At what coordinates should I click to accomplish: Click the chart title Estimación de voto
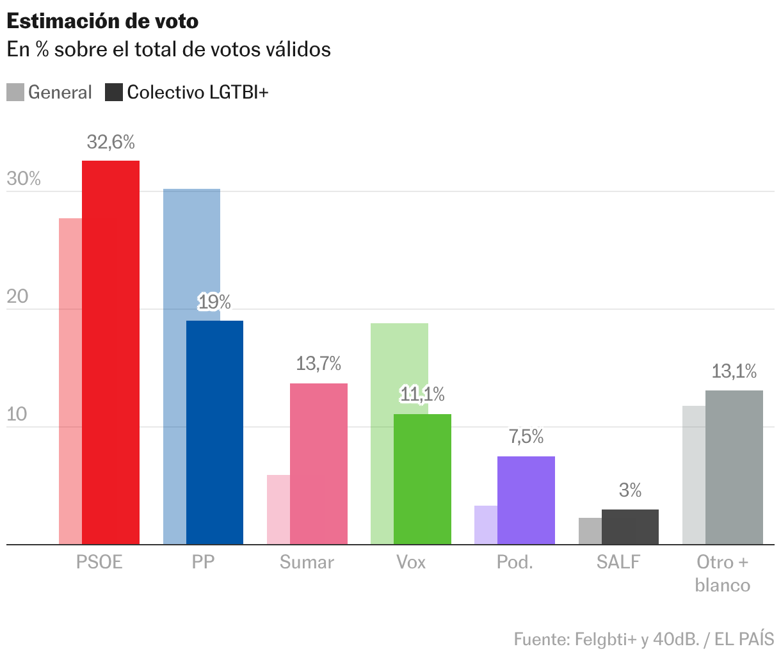[x=102, y=21]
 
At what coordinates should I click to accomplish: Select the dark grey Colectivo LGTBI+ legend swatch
[x=113, y=92]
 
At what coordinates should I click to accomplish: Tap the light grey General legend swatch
[x=15, y=92]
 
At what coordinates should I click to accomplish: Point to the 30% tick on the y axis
[x=24, y=179]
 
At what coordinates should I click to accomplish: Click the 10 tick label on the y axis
[x=17, y=414]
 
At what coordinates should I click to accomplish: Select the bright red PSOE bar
[x=111, y=352]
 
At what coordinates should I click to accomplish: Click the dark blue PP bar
[x=214, y=432]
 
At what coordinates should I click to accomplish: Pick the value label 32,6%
[x=111, y=141]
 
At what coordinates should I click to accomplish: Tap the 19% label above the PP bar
[x=214, y=301]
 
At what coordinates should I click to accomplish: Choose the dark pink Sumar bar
[x=319, y=464]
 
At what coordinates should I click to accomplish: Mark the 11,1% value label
[x=423, y=395]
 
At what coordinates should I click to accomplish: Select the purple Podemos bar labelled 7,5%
[x=526, y=500]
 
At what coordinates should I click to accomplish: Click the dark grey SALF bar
[x=630, y=527]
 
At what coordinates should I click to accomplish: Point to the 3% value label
[x=630, y=490]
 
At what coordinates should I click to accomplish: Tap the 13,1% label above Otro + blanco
[x=734, y=371]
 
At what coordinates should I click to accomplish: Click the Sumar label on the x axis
[x=307, y=562]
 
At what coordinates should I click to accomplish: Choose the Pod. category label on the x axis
[x=515, y=562]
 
